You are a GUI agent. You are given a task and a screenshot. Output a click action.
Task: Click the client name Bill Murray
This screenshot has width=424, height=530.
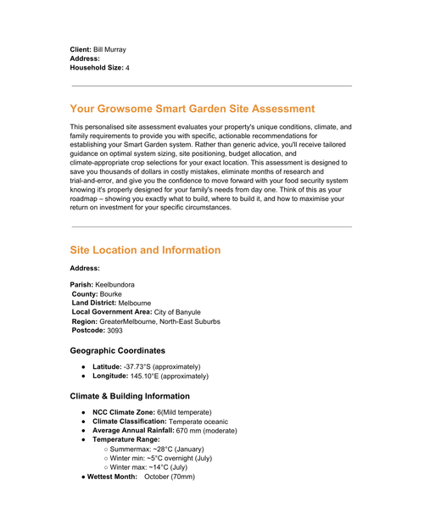click(x=109, y=50)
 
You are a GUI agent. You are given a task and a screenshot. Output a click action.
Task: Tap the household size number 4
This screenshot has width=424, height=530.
click(x=128, y=67)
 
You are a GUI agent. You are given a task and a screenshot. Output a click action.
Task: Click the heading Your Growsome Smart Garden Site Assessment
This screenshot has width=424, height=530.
click(x=192, y=109)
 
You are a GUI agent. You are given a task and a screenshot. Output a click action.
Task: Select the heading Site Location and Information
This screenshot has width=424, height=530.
click(x=145, y=250)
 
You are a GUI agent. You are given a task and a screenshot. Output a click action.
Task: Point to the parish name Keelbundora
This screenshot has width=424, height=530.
click(x=114, y=284)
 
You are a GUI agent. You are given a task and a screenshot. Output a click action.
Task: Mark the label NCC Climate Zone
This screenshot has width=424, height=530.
click(x=123, y=412)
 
